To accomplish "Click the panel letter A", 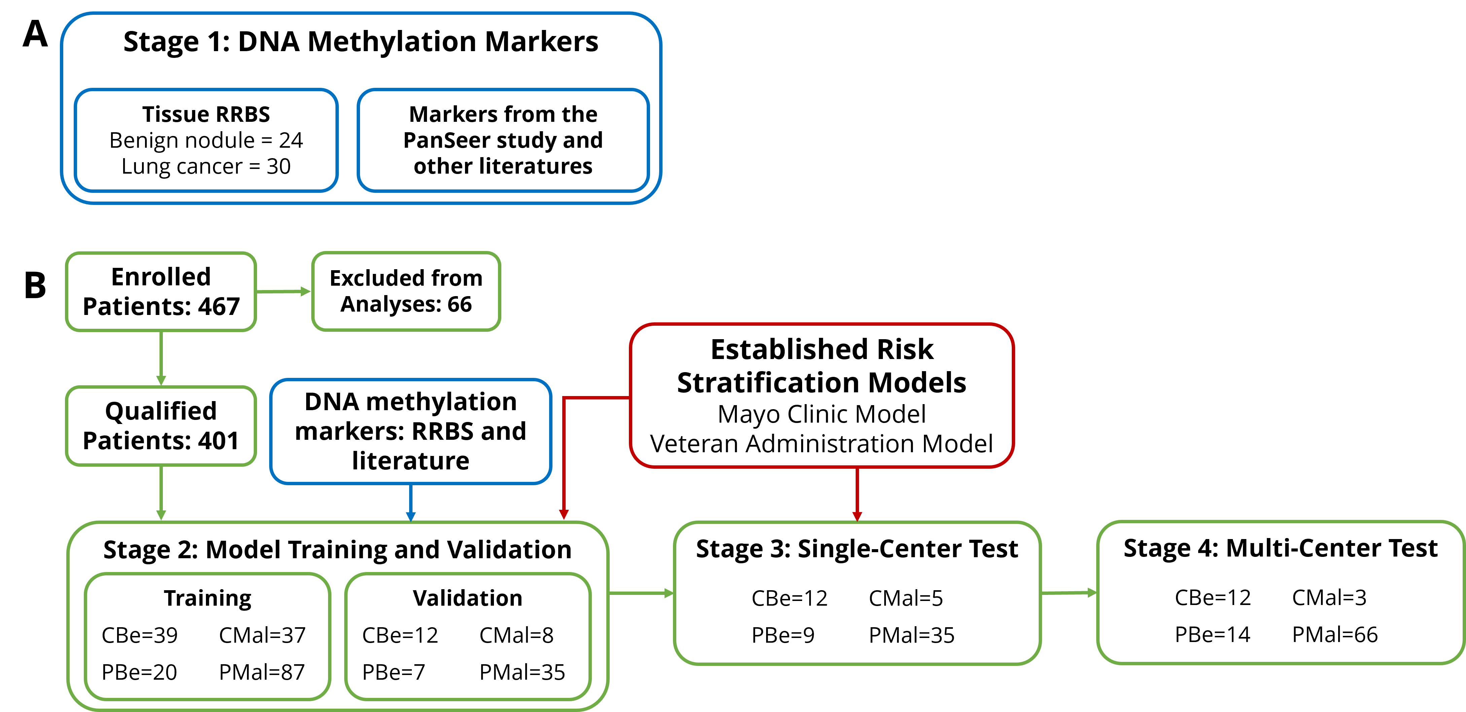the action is coord(35,34).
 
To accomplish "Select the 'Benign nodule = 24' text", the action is coord(206,140).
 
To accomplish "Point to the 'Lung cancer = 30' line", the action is coord(206,166).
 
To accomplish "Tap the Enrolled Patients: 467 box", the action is coord(161,291).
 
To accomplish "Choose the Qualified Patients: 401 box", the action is coord(161,426).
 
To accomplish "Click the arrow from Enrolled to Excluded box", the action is coord(283,291).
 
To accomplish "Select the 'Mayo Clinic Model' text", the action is coord(822,414).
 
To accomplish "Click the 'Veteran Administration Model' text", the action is coord(822,443).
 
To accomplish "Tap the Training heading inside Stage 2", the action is coord(208,598).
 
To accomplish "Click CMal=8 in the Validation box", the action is coord(516,635).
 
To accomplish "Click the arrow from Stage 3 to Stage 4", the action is coord(1069,593).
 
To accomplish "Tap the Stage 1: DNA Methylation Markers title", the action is coord(361,41).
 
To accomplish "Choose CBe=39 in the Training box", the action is coord(139,635).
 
